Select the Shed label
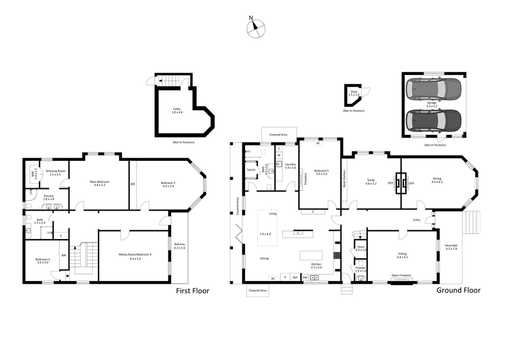[x=354, y=93]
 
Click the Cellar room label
[x=177, y=110]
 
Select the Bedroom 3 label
[x=42, y=261]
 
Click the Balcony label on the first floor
[x=180, y=246]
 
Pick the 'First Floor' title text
[x=192, y=291]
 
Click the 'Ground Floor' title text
[x=458, y=290]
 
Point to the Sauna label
[x=251, y=169]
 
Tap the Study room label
[x=371, y=182]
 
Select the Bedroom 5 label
[x=321, y=172]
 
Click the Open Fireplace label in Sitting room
[x=401, y=275]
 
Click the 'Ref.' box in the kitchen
[x=294, y=277]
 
